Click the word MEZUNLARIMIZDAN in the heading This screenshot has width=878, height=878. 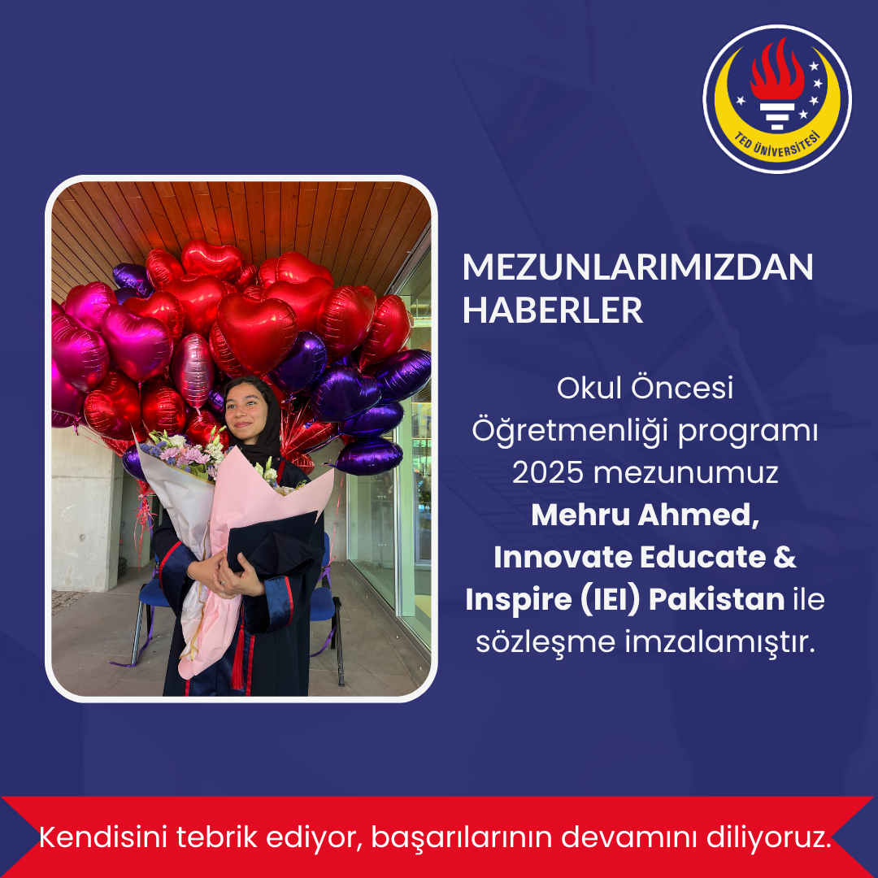pos(637,267)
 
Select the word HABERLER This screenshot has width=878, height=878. pos(552,310)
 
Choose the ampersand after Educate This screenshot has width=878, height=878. pos(785,557)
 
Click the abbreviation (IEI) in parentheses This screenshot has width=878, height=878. pos(610,600)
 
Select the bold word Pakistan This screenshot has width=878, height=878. pos(717,599)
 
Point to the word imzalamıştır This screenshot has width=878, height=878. pos(719,641)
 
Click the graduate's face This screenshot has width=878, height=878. pos(247,412)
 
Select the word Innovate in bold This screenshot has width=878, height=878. pos(563,557)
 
